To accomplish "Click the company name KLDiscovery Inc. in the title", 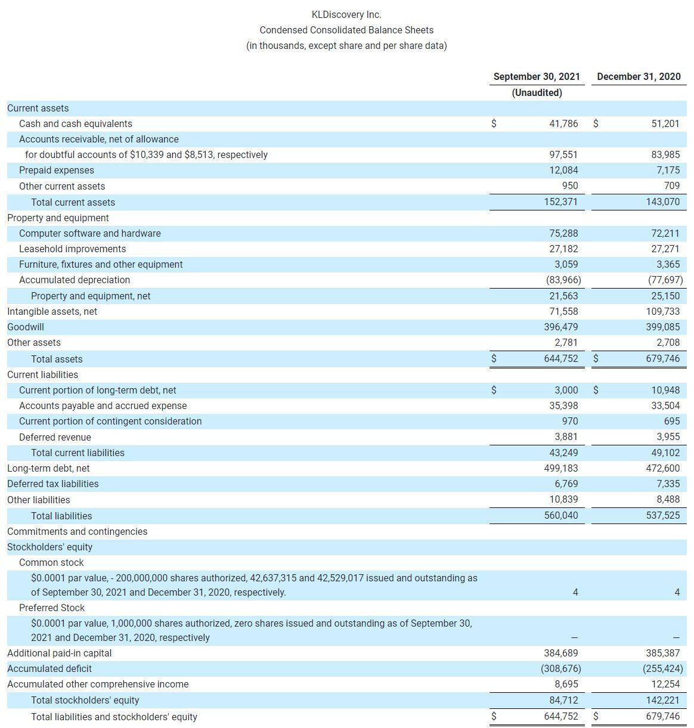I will point(346,14).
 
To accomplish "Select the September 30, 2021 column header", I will point(537,76).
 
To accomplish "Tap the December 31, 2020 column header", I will point(639,76).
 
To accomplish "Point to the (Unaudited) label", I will point(537,92).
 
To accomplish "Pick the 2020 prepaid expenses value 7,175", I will point(667,170).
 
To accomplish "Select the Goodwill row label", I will point(26,327).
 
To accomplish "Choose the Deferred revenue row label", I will point(55,437).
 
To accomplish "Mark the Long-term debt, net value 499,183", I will point(561,468).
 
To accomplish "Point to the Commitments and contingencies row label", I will point(77,531).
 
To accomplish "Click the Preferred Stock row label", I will point(52,608).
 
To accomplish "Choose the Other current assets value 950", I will point(569,186).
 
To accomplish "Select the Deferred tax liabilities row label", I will point(53,484).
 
